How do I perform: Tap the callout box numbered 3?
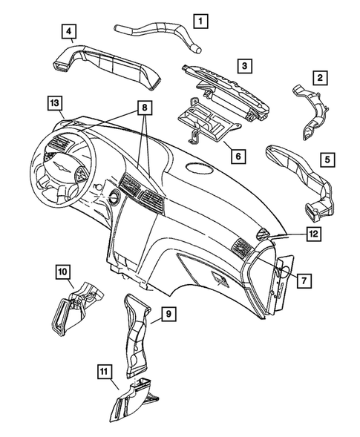(x=243, y=68)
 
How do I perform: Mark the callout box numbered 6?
(x=238, y=157)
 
